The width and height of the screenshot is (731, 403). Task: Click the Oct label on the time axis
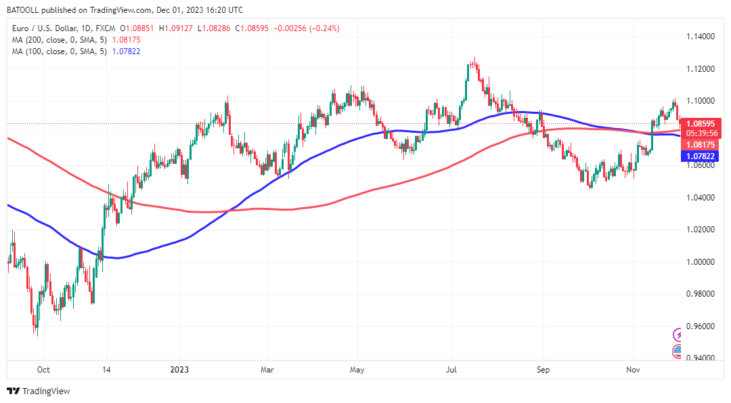[43, 370]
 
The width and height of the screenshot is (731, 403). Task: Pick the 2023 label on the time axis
[180, 370]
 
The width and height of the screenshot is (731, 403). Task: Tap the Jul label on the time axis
[452, 370]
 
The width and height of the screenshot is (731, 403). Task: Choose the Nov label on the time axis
[633, 370]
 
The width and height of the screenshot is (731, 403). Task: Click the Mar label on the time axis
[267, 370]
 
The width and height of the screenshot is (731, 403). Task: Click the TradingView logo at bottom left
[39, 391]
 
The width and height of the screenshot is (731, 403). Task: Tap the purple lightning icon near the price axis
[678, 335]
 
